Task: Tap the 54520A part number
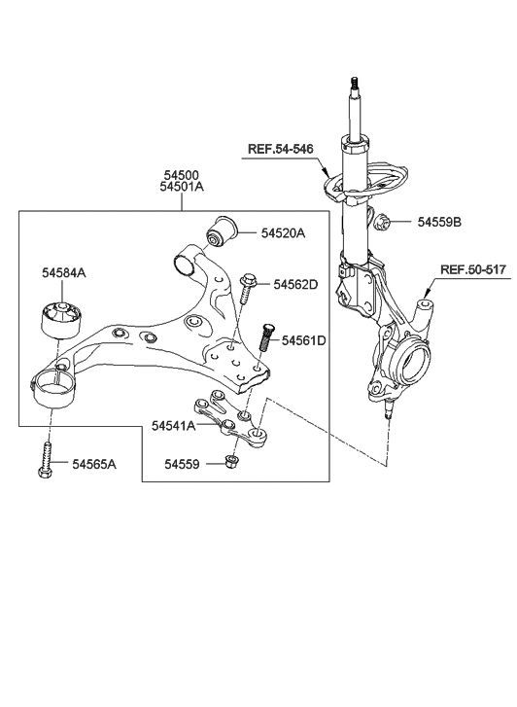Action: coord(283,233)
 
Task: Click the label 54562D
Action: coord(295,285)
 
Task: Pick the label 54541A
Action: coord(174,426)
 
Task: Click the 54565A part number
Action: coord(93,465)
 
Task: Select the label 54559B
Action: coord(439,223)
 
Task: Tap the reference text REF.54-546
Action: coord(282,149)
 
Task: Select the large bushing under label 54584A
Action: coord(59,319)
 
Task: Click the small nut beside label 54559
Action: coord(232,463)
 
